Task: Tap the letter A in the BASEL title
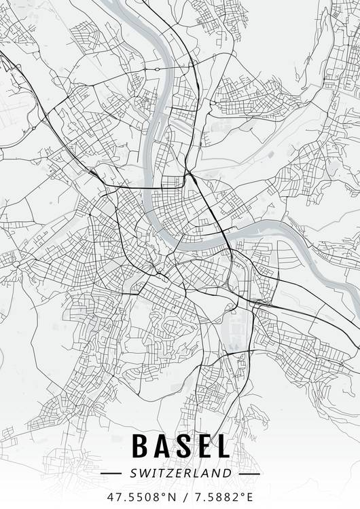164,446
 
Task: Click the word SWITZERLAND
180,472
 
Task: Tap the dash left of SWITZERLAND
110,472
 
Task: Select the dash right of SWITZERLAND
250,472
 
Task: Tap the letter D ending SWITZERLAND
228,472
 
